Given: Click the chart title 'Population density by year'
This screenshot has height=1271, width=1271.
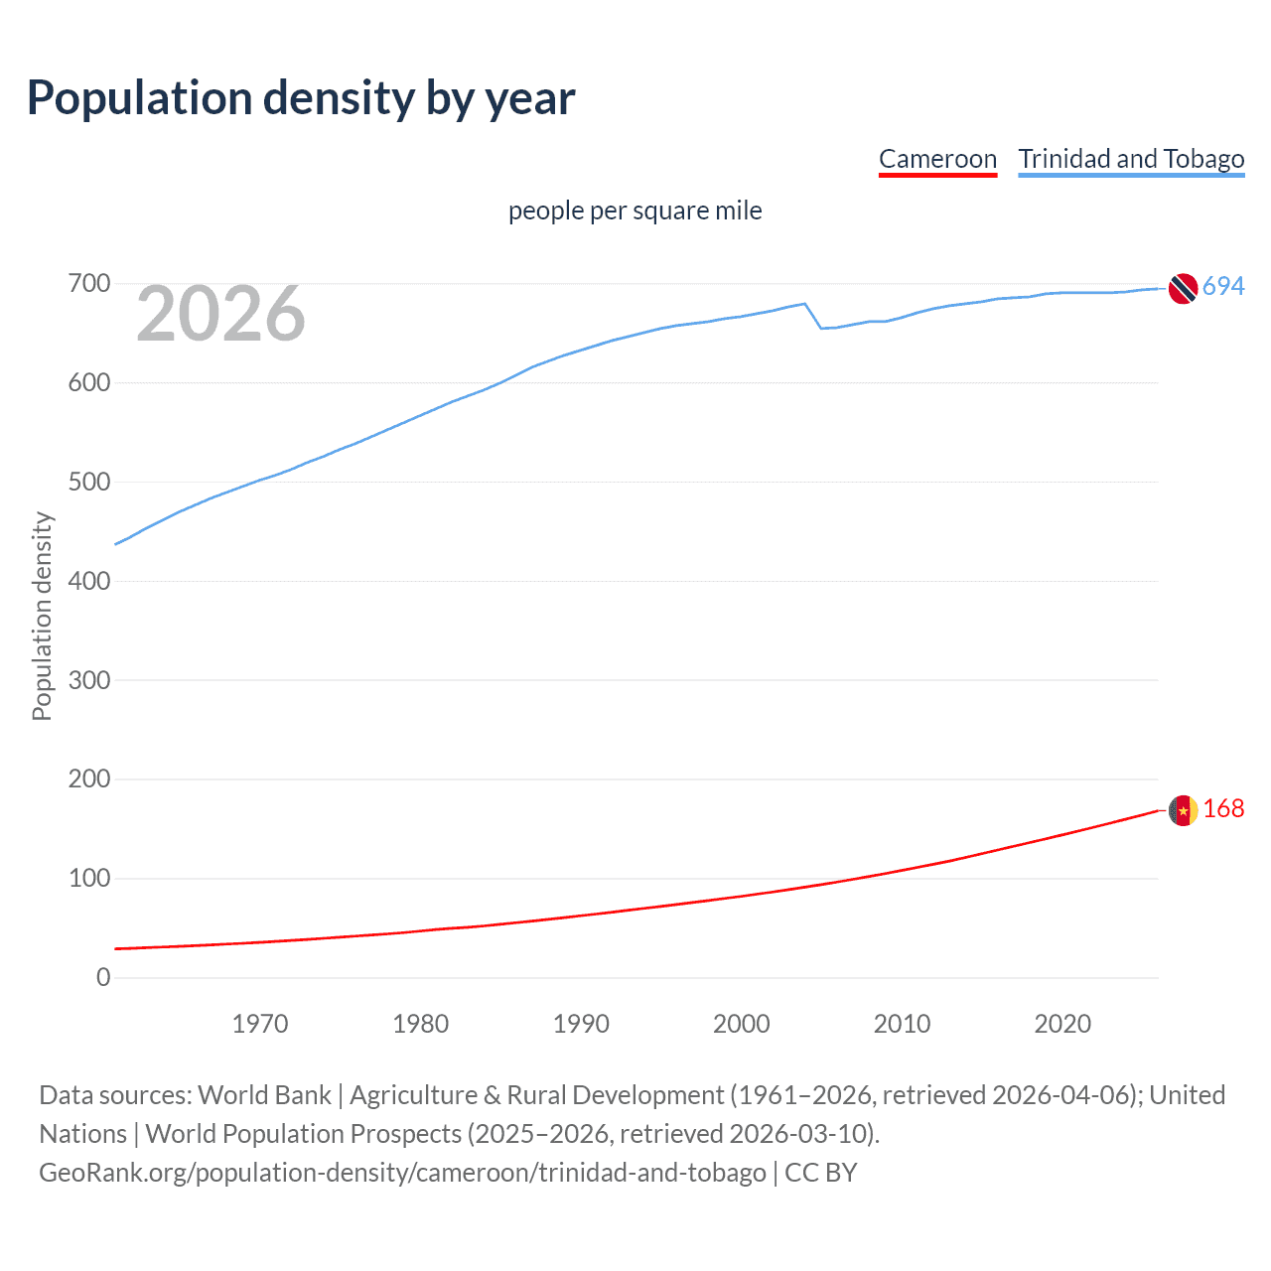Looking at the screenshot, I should pyautogui.click(x=301, y=98).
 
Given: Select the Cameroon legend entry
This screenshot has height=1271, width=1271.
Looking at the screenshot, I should pyautogui.click(x=937, y=159).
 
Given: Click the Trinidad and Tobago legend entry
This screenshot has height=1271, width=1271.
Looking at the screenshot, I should pyautogui.click(x=1131, y=159).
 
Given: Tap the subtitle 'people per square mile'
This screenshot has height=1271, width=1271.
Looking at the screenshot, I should pyautogui.click(x=635, y=211).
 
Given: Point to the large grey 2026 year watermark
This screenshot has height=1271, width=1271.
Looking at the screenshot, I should pyautogui.click(x=220, y=314).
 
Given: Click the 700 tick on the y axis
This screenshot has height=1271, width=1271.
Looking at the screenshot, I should pyautogui.click(x=88, y=284).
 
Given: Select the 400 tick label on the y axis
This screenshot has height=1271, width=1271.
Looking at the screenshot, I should pyautogui.click(x=88, y=581).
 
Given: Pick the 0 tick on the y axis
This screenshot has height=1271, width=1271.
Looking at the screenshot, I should pyautogui.click(x=103, y=977).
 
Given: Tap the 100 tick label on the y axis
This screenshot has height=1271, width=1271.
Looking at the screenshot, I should pyautogui.click(x=88, y=878).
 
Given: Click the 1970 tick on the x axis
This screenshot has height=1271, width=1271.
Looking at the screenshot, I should pyautogui.click(x=260, y=1024).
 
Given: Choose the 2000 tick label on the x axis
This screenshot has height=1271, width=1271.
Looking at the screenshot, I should pyautogui.click(x=741, y=1024).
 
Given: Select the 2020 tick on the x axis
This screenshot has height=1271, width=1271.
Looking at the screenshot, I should pyautogui.click(x=1062, y=1024).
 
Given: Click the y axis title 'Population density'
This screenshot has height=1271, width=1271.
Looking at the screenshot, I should pyautogui.click(x=42, y=616).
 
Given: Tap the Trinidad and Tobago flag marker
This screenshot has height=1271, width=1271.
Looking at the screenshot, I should pyautogui.click(x=1183, y=288).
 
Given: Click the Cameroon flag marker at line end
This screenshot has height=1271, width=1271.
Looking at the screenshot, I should pyautogui.click(x=1183, y=810).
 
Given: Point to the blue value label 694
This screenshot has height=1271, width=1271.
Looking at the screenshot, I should pyautogui.click(x=1223, y=286).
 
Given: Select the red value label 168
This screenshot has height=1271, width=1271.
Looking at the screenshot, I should pyautogui.click(x=1223, y=808).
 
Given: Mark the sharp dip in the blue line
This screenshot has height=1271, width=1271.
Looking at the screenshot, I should pyautogui.click(x=821, y=328).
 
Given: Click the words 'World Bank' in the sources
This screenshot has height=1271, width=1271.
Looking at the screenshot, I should pyautogui.click(x=264, y=1095).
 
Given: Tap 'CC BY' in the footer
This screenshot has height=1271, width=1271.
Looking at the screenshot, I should pyautogui.click(x=820, y=1173).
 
